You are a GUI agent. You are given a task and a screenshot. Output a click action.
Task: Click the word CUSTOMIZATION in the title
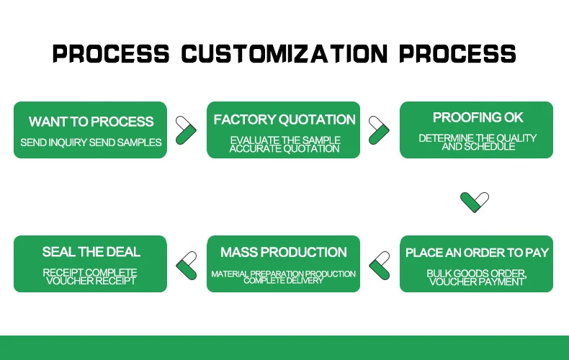pos(284,54)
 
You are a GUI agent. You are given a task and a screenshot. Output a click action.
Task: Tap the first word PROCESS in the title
pos(111,54)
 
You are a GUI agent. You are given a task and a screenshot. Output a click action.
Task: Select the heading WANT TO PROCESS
pos(91,122)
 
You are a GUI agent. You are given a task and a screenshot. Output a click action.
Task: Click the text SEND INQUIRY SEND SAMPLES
pos(91,143)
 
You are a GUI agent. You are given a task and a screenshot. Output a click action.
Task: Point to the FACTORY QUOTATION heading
pos(284,120)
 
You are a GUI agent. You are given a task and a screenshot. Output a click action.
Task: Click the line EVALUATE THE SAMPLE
pos(284,140)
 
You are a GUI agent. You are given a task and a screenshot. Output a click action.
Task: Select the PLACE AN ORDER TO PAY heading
pos(477,253)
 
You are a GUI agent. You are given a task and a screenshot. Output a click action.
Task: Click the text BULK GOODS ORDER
pos(477,273)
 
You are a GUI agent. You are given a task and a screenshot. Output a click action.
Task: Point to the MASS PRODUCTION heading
pos(284,252)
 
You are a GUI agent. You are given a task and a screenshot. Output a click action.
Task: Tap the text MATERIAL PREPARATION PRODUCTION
pos(284,274)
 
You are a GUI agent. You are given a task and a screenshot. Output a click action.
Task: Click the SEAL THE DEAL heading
pos(91,252)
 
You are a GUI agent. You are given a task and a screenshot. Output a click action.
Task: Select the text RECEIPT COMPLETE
pos(91,273)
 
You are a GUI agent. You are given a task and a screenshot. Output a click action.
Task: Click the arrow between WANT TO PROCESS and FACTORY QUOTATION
pos(187,130)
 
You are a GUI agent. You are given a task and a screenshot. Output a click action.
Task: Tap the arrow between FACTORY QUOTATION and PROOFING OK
pos(380,130)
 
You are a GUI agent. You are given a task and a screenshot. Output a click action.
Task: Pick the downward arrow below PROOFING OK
pos(475,201)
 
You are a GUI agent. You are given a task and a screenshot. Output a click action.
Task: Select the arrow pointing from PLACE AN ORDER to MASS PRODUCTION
pos(380,264)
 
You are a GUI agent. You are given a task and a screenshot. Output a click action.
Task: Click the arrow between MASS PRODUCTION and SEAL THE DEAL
pos(187,264)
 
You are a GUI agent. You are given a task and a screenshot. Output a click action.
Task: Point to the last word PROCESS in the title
pos(458,54)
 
